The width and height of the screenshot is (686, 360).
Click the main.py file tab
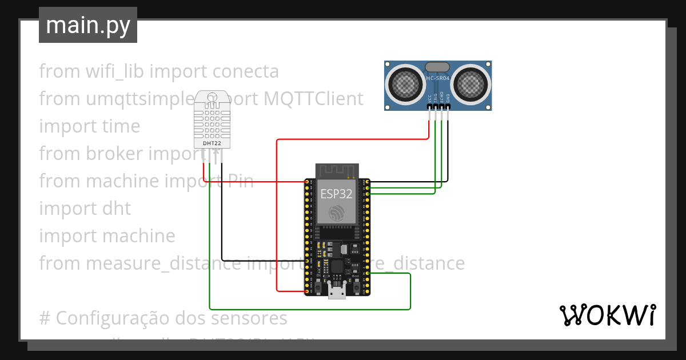click(87, 25)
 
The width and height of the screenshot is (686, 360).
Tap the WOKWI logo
click(607, 315)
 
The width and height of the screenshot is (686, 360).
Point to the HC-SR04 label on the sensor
click(438, 78)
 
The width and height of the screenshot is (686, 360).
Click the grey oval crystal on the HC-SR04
click(438, 67)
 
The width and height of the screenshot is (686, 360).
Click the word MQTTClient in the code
click(313, 99)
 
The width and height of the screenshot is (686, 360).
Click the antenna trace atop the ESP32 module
click(336, 170)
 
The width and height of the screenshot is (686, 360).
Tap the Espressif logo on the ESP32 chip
click(336, 214)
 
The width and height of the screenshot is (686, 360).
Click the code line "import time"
click(89, 126)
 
